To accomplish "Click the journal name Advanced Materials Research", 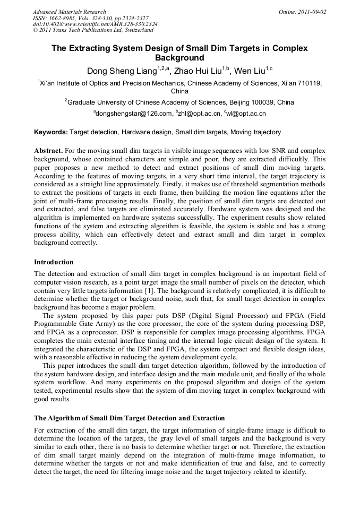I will (x=69, y=12).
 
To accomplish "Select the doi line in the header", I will (x=95, y=24).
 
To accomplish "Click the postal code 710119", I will (x=310, y=83).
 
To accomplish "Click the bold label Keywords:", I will (x=51, y=132).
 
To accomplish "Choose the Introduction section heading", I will (x=54, y=262).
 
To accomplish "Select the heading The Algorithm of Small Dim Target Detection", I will (x=129, y=418).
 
